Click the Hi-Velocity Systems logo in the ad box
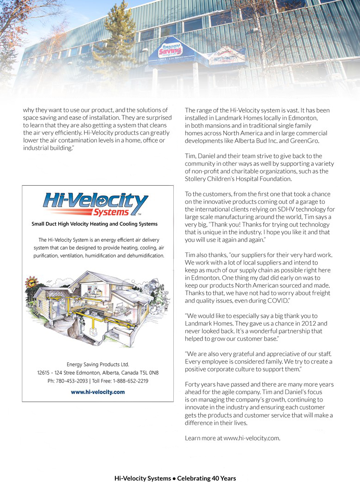tap(95, 204)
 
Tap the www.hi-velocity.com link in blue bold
tap(98, 392)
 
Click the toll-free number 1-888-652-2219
tap(130, 381)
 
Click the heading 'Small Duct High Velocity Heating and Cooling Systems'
tap(95, 224)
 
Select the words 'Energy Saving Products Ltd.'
tap(98, 364)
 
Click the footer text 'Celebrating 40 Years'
tap(206, 478)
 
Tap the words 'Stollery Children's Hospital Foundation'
tap(238, 178)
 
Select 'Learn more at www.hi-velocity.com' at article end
tap(233, 438)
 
